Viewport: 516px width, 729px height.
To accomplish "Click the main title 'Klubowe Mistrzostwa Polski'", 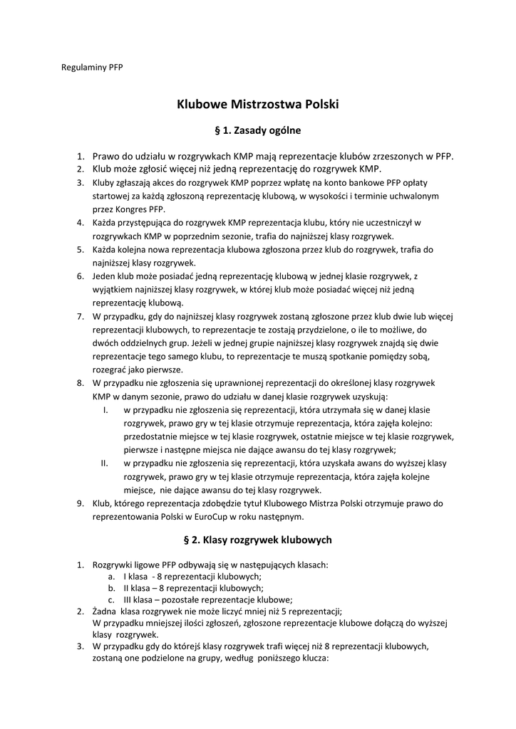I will click(258, 105).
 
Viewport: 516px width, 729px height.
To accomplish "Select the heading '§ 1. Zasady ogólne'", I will click(258, 131).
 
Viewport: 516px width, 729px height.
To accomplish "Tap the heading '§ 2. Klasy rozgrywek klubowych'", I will click(258, 540).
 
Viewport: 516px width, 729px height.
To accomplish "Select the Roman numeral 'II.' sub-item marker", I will click(104, 463).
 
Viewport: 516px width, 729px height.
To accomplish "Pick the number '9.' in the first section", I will click(81, 503).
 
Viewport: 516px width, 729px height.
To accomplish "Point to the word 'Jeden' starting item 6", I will click(105, 276).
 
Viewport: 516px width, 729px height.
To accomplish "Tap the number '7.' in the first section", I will click(81, 315).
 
